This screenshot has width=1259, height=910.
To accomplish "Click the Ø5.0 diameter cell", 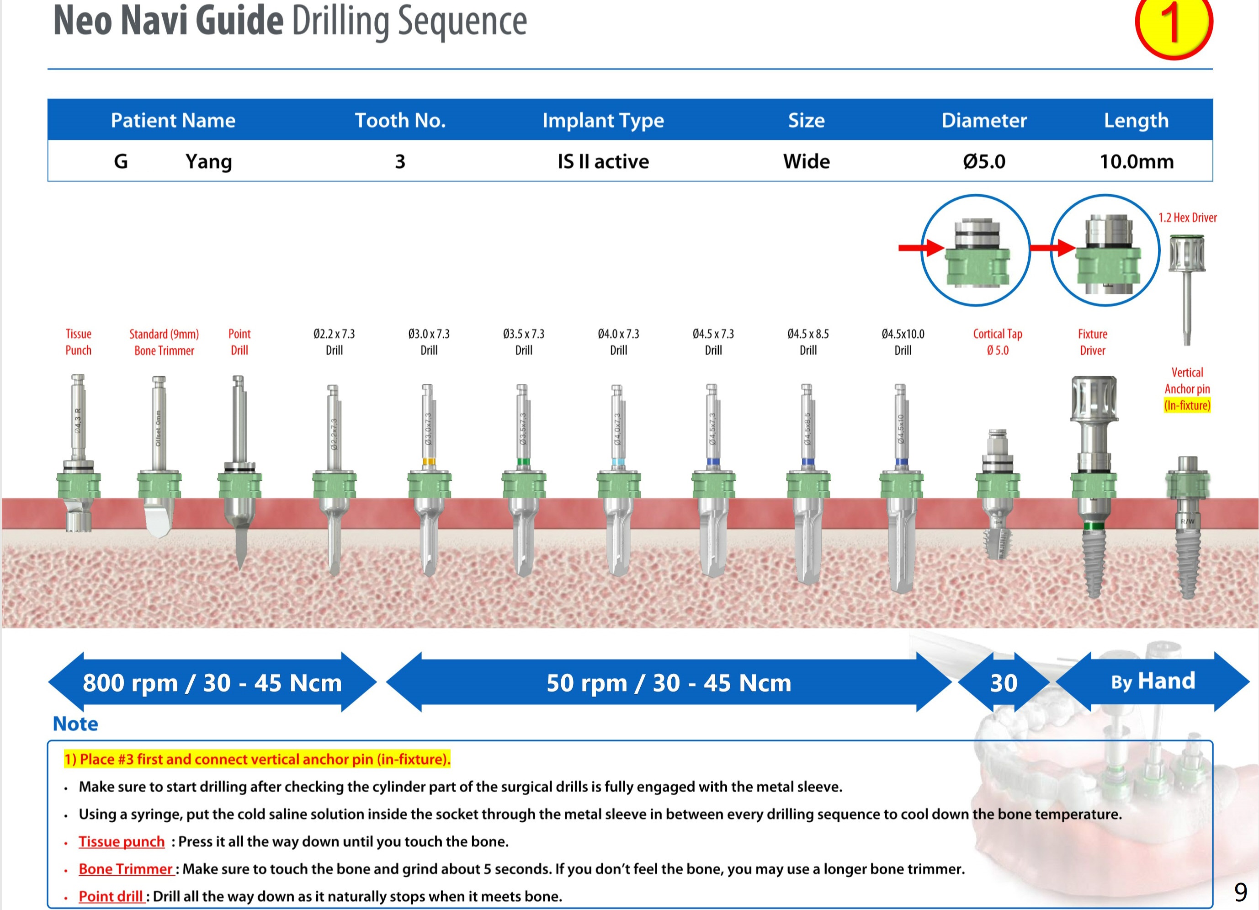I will click(x=983, y=161).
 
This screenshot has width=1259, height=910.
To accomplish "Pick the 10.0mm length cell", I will click(x=1137, y=161).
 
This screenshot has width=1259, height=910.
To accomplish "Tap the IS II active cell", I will click(x=603, y=161).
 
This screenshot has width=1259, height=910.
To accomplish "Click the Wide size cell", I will click(x=806, y=161).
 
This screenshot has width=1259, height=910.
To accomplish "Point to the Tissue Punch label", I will click(x=78, y=342).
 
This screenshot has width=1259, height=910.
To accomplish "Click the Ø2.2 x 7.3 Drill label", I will click(x=334, y=342).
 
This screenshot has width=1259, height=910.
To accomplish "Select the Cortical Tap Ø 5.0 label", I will click(x=997, y=342).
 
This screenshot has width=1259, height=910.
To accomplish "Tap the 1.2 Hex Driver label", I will click(x=1187, y=218).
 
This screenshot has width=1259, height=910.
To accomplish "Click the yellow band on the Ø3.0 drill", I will click(x=429, y=461).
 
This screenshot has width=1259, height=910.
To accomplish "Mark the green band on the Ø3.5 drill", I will click(x=523, y=461).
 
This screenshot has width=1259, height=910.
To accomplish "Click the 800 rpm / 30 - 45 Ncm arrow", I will click(x=212, y=682).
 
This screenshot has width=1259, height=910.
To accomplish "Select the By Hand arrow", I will click(x=1153, y=681).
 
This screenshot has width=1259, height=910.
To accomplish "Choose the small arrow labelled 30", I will click(x=1004, y=683).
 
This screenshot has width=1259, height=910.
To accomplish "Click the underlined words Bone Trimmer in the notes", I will click(x=126, y=869).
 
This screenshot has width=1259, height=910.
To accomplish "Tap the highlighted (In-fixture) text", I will click(x=1187, y=405).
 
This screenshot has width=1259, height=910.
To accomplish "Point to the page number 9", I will click(x=1240, y=892).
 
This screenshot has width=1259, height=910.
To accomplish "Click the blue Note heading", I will click(x=75, y=724).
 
